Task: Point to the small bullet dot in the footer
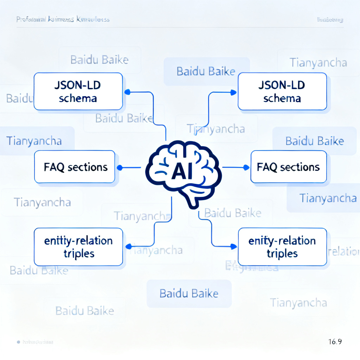click(x=18, y=342)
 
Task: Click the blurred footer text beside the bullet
click(x=38, y=342)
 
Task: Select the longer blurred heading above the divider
click(x=63, y=19)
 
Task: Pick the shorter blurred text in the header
click(x=330, y=20)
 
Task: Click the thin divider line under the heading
click(x=180, y=27)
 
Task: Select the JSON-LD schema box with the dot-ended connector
click(x=78, y=91)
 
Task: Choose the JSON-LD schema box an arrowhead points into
click(x=282, y=91)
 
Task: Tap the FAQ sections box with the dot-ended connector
click(x=75, y=167)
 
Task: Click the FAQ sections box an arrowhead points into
click(x=288, y=167)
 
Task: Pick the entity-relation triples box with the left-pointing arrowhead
click(x=78, y=247)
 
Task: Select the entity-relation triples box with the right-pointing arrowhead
click(x=282, y=247)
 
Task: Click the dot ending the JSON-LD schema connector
click(x=128, y=92)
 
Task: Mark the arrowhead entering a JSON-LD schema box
click(x=233, y=92)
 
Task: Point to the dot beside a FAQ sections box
click(x=120, y=167)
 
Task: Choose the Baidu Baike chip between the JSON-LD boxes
click(x=206, y=72)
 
